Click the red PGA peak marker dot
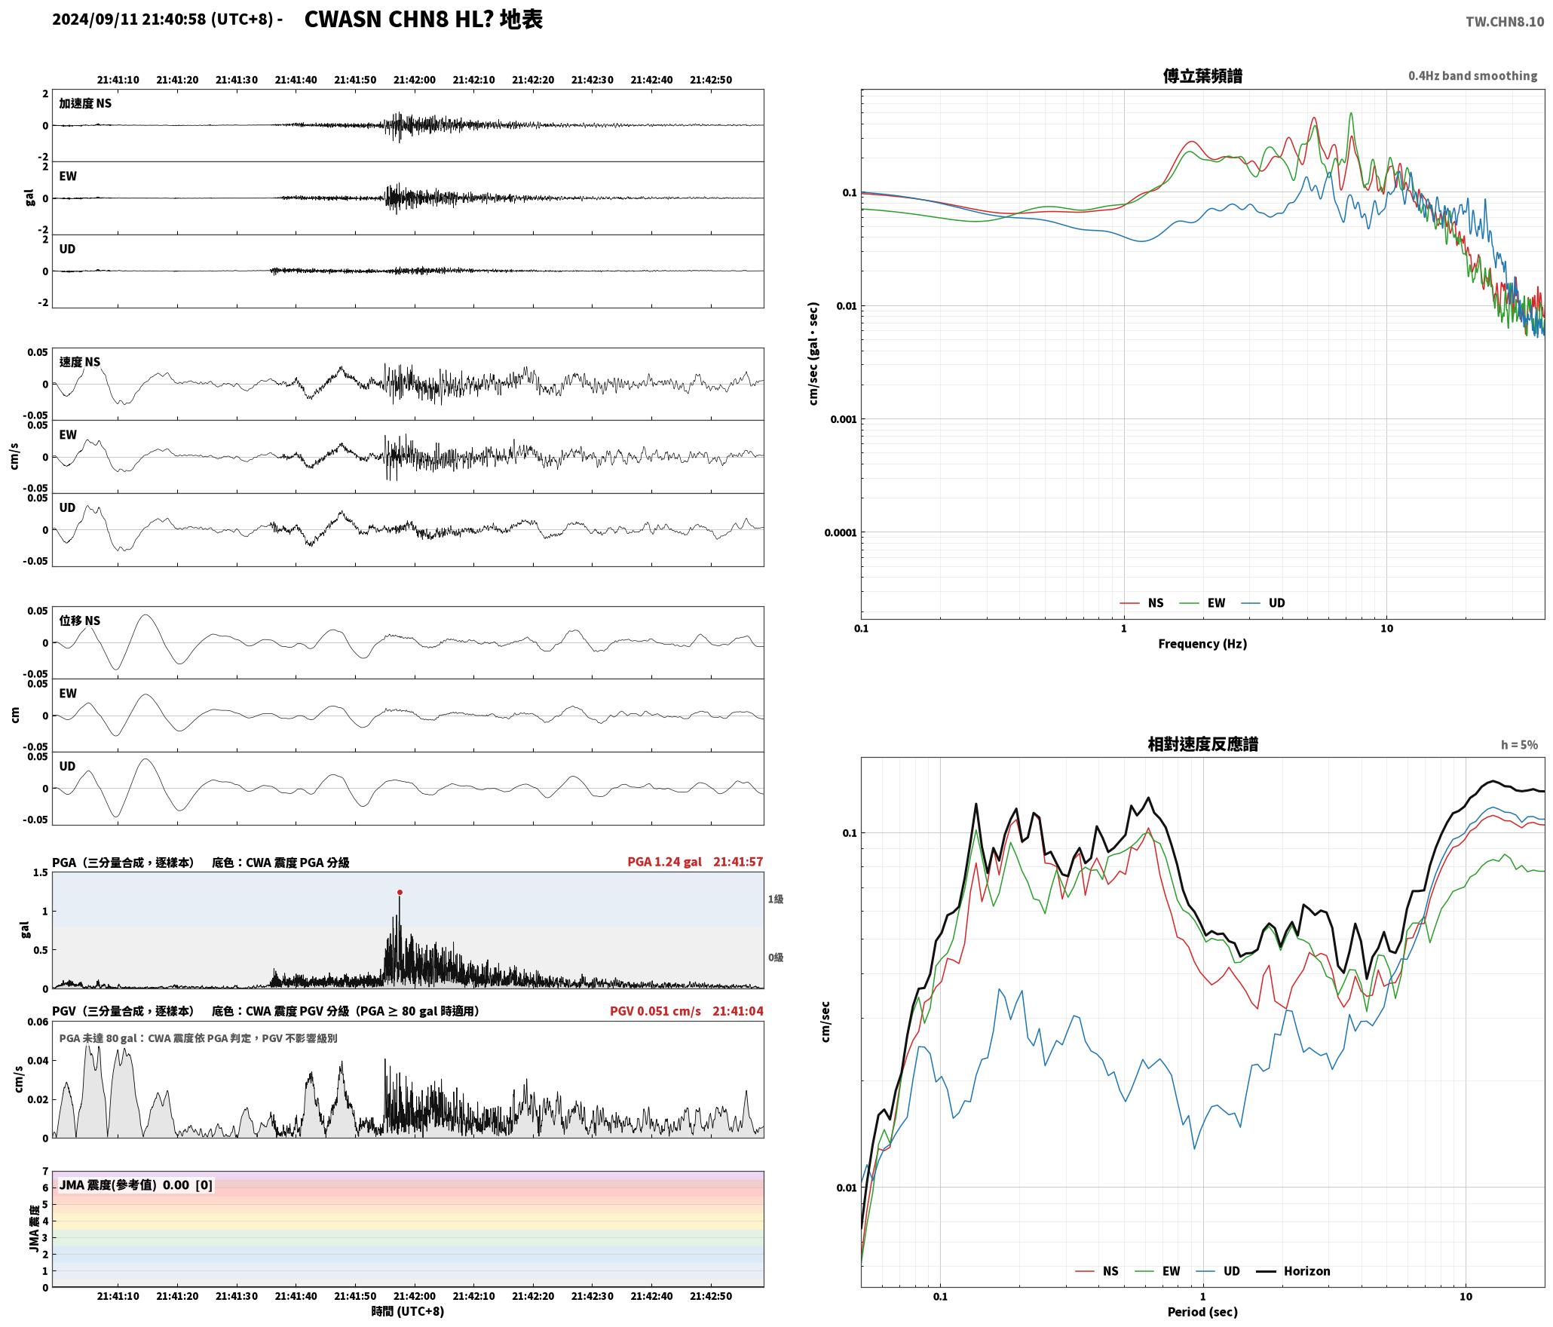[400, 892]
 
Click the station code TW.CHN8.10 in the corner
[1505, 22]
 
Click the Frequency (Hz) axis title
[1202, 643]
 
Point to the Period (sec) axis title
[1202, 1312]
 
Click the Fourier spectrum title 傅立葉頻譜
[1202, 75]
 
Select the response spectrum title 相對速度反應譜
[1202, 744]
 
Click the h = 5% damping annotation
[1519, 745]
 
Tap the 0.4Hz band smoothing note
[1472, 76]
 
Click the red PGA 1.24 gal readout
[664, 862]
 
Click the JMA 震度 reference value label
[136, 1185]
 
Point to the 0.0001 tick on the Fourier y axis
[841, 533]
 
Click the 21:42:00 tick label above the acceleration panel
[414, 80]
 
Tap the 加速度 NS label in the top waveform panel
[85, 103]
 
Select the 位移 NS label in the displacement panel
[80, 621]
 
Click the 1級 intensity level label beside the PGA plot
[776, 899]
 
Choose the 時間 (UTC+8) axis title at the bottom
[408, 1311]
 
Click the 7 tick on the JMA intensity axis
[45, 1172]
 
